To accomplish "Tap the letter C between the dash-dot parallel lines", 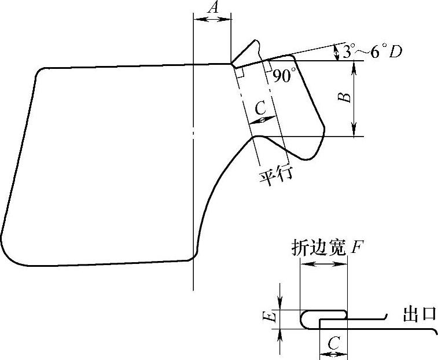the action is [x=261, y=107].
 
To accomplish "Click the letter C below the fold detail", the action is [x=333, y=344].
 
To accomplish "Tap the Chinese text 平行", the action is [x=275, y=173].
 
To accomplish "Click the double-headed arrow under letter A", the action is [x=212, y=19].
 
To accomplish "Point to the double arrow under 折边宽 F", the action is [x=323, y=264].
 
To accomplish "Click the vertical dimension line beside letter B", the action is [x=355, y=98].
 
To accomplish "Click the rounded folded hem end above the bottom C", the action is [x=344, y=314].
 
